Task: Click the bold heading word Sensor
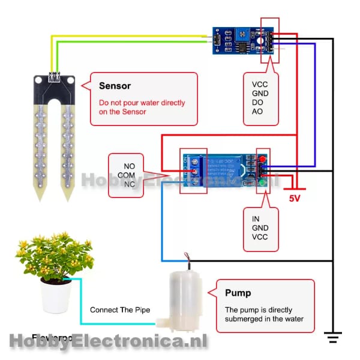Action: (115, 86)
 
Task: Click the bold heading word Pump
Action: (237, 293)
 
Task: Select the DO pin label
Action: (257, 103)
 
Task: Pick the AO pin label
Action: (257, 112)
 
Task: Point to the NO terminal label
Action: (130, 166)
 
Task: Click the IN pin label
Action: (256, 219)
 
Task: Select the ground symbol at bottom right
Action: (332, 337)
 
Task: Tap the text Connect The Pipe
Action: (119, 310)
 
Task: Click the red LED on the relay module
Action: (262, 160)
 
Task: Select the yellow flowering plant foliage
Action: (54, 255)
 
